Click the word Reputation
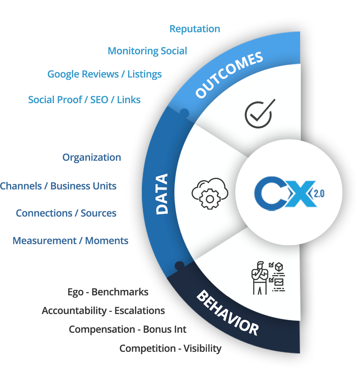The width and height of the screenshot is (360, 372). [x=195, y=29]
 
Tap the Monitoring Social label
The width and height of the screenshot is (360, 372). [x=147, y=51]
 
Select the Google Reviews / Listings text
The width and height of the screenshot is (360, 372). [x=104, y=74]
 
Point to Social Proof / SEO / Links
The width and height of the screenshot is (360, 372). [x=84, y=100]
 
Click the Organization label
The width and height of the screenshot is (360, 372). [x=92, y=157]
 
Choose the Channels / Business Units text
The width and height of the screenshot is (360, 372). [x=58, y=186]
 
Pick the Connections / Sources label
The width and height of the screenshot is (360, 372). [x=66, y=213]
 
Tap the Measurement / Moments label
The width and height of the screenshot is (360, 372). [x=70, y=241]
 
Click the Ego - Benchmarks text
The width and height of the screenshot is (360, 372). [x=108, y=292]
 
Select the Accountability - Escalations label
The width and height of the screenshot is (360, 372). [x=103, y=311]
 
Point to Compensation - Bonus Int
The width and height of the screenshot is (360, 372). [x=127, y=330]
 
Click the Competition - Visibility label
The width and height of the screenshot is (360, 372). [x=170, y=349]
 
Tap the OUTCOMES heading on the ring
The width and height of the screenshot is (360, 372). [x=229, y=75]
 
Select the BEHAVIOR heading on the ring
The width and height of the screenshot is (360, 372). [x=227, y=312]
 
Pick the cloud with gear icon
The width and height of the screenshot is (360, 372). [x=210, y=194]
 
